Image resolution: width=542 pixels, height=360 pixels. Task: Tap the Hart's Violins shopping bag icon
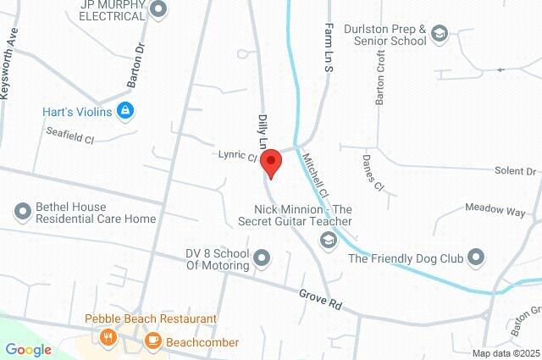[125, 110]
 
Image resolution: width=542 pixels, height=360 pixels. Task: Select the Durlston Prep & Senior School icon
[439, 33]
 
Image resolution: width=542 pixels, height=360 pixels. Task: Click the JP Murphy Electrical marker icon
[158, 9]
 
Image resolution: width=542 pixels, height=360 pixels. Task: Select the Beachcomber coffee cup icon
[152, 341]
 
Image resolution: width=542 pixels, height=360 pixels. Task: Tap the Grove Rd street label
[320, 298]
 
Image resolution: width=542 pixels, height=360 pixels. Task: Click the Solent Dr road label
[516, 171]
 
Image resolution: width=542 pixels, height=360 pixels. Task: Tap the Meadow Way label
[495, 210]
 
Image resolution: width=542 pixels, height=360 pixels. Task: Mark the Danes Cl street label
[373, 173]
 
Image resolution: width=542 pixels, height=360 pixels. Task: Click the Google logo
[28, 349]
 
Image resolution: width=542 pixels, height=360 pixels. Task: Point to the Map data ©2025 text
[506, 353]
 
